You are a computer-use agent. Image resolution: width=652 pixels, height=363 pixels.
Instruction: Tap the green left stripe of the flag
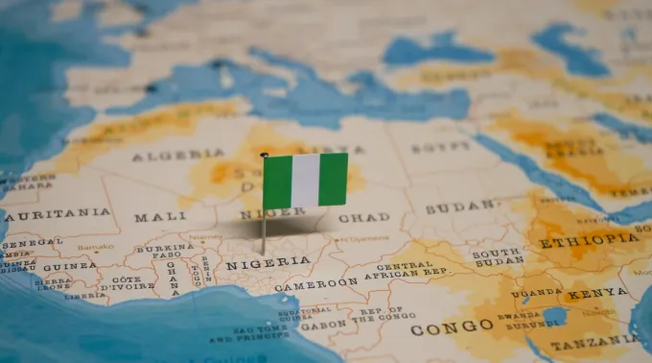coord(277,181)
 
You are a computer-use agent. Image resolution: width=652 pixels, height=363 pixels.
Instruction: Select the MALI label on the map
coord(160,217)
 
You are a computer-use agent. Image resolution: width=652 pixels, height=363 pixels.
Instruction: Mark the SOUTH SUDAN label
coord(498,256)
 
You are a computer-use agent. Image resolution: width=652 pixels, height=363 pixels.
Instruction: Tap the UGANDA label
coord(536,292)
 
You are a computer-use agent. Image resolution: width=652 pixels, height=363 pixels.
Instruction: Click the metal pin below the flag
coord(265,230)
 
